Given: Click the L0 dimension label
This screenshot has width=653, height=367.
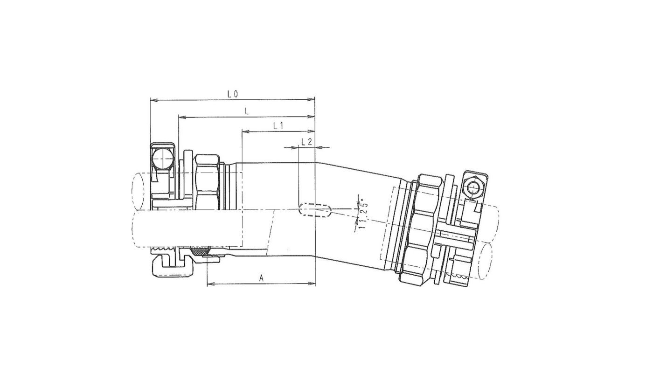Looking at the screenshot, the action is pyautogui.click(x=233, y=94).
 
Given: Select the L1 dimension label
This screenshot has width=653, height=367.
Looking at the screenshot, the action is pyautogui.click(x=278, y=125).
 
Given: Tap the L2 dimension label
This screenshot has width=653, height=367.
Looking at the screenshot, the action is pyautogui.click(x=306, y=142).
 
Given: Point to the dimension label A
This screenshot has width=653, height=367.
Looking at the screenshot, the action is pyautogui.click(x=262, y=278).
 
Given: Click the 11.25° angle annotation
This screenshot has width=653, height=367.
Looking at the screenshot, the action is pyautogui.click(x=364, y=214).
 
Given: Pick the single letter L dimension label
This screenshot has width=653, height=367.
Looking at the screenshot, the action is pyautogui.click(x=247, y=111).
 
